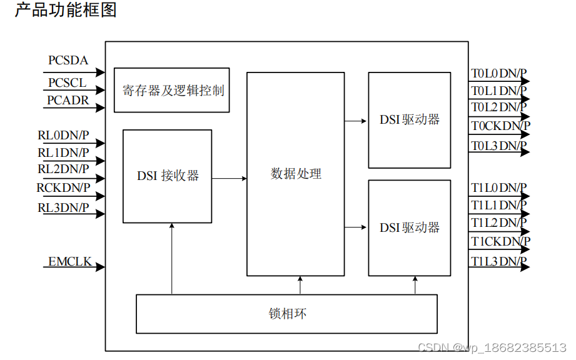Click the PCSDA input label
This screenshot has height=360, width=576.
pyautogui.click(x=68, y=61)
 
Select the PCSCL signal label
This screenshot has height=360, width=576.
pyautogui.click(x=68, y=82)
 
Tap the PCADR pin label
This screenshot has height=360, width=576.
pyautogui.click(x=68, y=100)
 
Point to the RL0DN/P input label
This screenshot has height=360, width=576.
pyautogui.click(x=63, y=134)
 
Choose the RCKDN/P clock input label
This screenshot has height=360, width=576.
pyautogui.click(x=63, y=187)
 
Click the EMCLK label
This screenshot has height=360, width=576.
pyautogui.click(x=70, y=262)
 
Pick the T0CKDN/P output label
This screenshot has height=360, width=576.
pyautogui.click(x=501, y=126)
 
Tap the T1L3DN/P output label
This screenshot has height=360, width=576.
pyautogui.click(x=499, y=261)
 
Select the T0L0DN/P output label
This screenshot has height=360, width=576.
pyautogui.click(x=499, y=74)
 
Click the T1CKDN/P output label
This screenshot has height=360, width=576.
pyautogui.click(x=501, y=241)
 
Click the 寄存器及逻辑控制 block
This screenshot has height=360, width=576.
pyautogui.click(x=172, y=90)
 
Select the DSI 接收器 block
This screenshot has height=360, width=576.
pyautogui.click(x=167, y=176)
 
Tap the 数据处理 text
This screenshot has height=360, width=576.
pyautogui.click(x=296, y=174)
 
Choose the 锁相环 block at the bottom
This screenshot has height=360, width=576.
pyautogui.click(x=286, y=313)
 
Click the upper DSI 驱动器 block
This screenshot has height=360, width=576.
pyautogui.click(x=409, y=120)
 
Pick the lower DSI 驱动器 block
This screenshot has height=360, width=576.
pyautogui.click(x=409, y=227)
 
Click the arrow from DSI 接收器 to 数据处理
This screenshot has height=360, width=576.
pyautogui.click(x=230, y=179)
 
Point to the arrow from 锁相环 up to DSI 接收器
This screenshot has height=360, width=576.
pyautogui.click(x=171, y=259)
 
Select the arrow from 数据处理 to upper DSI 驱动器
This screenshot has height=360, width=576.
pyautogui.click(x=356, y=121)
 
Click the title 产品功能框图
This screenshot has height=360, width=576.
pyautogui.click(x=66, y=11)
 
